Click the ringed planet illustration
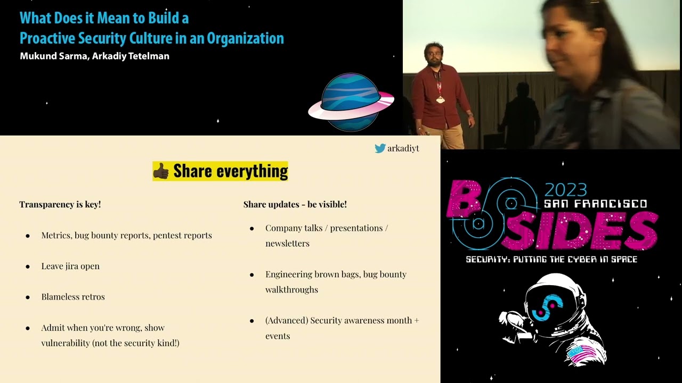pyautogui.click(x=351, y=102)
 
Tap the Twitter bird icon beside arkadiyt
pyautogui.click(x=380, y=148)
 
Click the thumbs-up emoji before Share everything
pyautogui.click(x=161, y=171)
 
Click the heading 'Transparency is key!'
pyautogui.click(x=60, y=204)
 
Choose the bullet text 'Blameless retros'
pyautogui.click(x=73, y=297)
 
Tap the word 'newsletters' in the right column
pyautogui.click(x=287, y=243)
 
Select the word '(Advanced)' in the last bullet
pyautogui.click(x=286, y=320)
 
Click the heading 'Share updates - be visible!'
pyautogui.click(x=295, y=204)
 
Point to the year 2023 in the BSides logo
pyautogui.click(x=565, y=190)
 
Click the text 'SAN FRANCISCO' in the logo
pyautogui.click(x=595, y=204)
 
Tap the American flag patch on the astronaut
pyautogui.click(x=582, y=353)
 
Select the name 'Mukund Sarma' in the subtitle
pyautogui.click(x=53, y=56)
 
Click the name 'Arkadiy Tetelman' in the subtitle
pyautogui.click(x=131, y=56)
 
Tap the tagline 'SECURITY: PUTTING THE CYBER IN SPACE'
pyautogui.click(x=551, y=260)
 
